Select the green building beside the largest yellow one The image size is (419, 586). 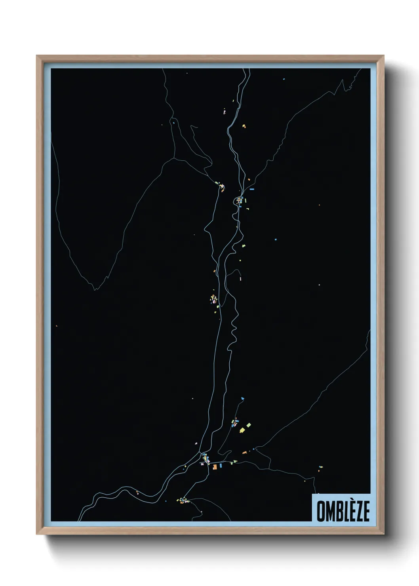249,425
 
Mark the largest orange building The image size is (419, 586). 215,467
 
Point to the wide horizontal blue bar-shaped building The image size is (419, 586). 251,189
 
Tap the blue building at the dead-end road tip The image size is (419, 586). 242,398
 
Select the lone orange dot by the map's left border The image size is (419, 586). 57,326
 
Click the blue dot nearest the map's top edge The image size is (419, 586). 284,79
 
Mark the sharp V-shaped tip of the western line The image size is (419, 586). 94,289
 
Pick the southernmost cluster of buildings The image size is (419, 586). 183,500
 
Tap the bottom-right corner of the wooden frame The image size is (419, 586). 383,534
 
